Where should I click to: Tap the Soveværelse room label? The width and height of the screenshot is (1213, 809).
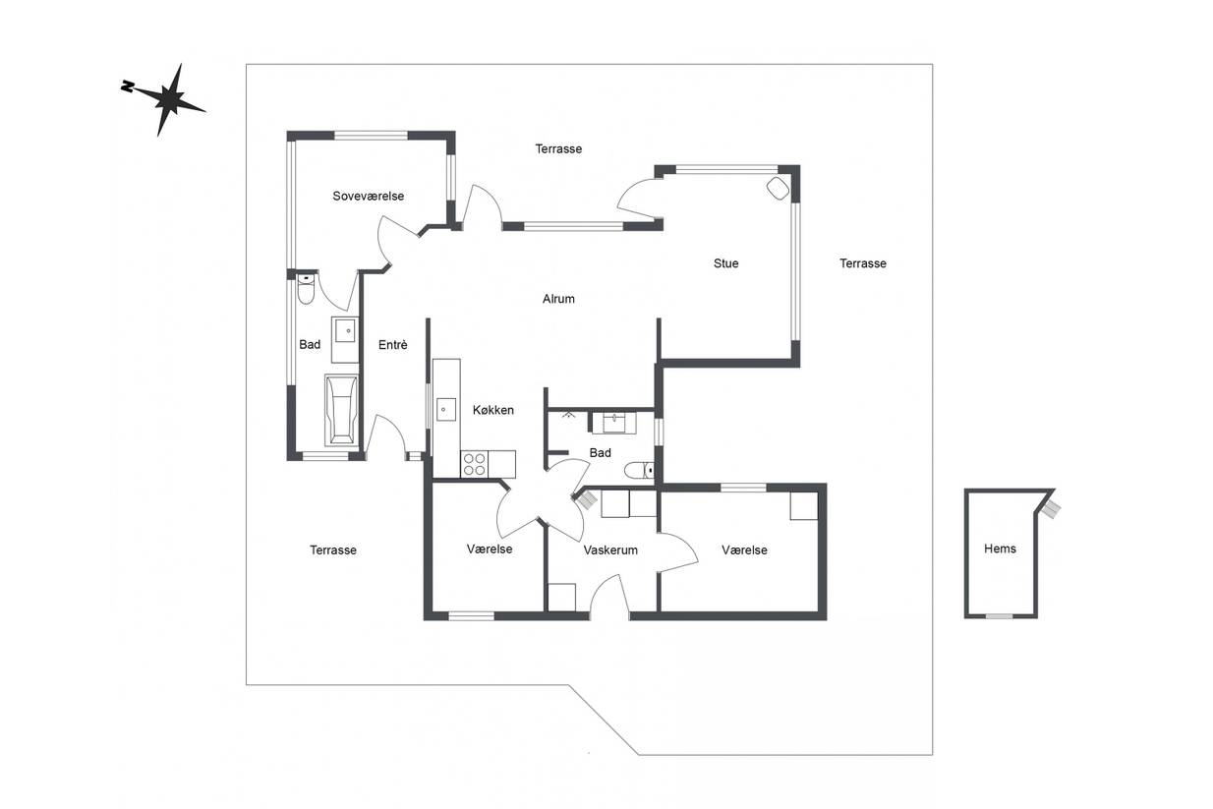pos(369,196)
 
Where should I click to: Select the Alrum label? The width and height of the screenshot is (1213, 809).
pos(558,299)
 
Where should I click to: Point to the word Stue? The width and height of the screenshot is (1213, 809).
pos(725,263)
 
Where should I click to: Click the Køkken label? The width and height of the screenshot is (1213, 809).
pos(492,410)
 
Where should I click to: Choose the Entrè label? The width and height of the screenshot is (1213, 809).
pos(392,344)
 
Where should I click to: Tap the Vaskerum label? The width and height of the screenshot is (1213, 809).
pos(610,550)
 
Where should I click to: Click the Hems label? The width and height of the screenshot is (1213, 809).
pos(1000,549)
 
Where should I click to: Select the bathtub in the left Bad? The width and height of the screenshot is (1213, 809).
pos(341,410)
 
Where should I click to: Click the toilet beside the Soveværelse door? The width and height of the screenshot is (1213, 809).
pos(306,289)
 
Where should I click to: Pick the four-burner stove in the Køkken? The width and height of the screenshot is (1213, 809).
pos(475,464)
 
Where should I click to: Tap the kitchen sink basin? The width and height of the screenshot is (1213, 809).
pos(445,409)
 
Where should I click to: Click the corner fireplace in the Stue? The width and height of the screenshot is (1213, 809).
pos(779,188)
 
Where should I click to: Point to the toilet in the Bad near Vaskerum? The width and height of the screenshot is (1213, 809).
pos(639,470)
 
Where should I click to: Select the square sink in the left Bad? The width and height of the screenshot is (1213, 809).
pos(345,330)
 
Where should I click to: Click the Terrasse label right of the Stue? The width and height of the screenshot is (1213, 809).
pos(863,263)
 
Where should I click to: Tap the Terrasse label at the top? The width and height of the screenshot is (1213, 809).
pos(558,148)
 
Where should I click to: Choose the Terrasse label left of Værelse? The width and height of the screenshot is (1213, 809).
pos(333,550)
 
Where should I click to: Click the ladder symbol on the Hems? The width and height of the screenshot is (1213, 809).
pos(1051,509)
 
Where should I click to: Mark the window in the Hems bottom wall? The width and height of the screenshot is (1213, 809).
pos(999,616)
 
